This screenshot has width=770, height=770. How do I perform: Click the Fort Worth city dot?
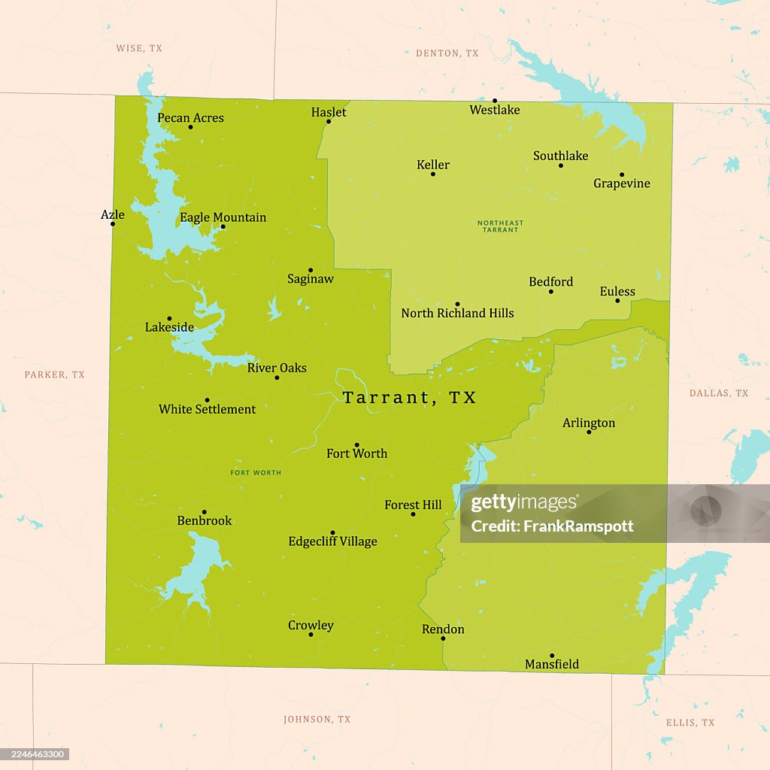[356, 444]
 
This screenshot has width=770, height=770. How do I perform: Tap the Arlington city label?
[589, 423]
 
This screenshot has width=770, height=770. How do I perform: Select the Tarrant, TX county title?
[410, 398]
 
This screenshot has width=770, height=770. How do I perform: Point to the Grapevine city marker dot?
[622, 174]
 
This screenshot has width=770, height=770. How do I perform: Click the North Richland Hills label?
[457, 313]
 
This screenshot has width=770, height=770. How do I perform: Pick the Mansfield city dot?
[551, 656]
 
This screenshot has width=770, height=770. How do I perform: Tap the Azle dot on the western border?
[113, 223]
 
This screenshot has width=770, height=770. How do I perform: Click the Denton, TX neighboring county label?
[447, 53]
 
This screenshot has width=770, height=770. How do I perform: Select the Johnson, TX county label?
[317, 720]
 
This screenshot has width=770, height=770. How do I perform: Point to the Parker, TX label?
[54, 374]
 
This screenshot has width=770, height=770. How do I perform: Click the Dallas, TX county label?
[719, 393]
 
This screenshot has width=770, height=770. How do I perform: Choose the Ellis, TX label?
[690, 723]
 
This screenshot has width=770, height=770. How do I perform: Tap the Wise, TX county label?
[138, 48]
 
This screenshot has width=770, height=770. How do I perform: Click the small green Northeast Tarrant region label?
[500, 226]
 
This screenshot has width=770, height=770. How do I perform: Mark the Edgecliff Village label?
[332, 541]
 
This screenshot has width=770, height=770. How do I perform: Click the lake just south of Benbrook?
[194, 568]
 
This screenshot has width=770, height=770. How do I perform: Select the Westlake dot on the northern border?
[495, 101]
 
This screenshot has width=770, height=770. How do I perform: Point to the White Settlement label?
[207, 409]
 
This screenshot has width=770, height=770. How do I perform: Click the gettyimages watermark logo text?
[524, 503]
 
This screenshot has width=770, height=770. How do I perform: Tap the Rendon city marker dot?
[443, 638]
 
